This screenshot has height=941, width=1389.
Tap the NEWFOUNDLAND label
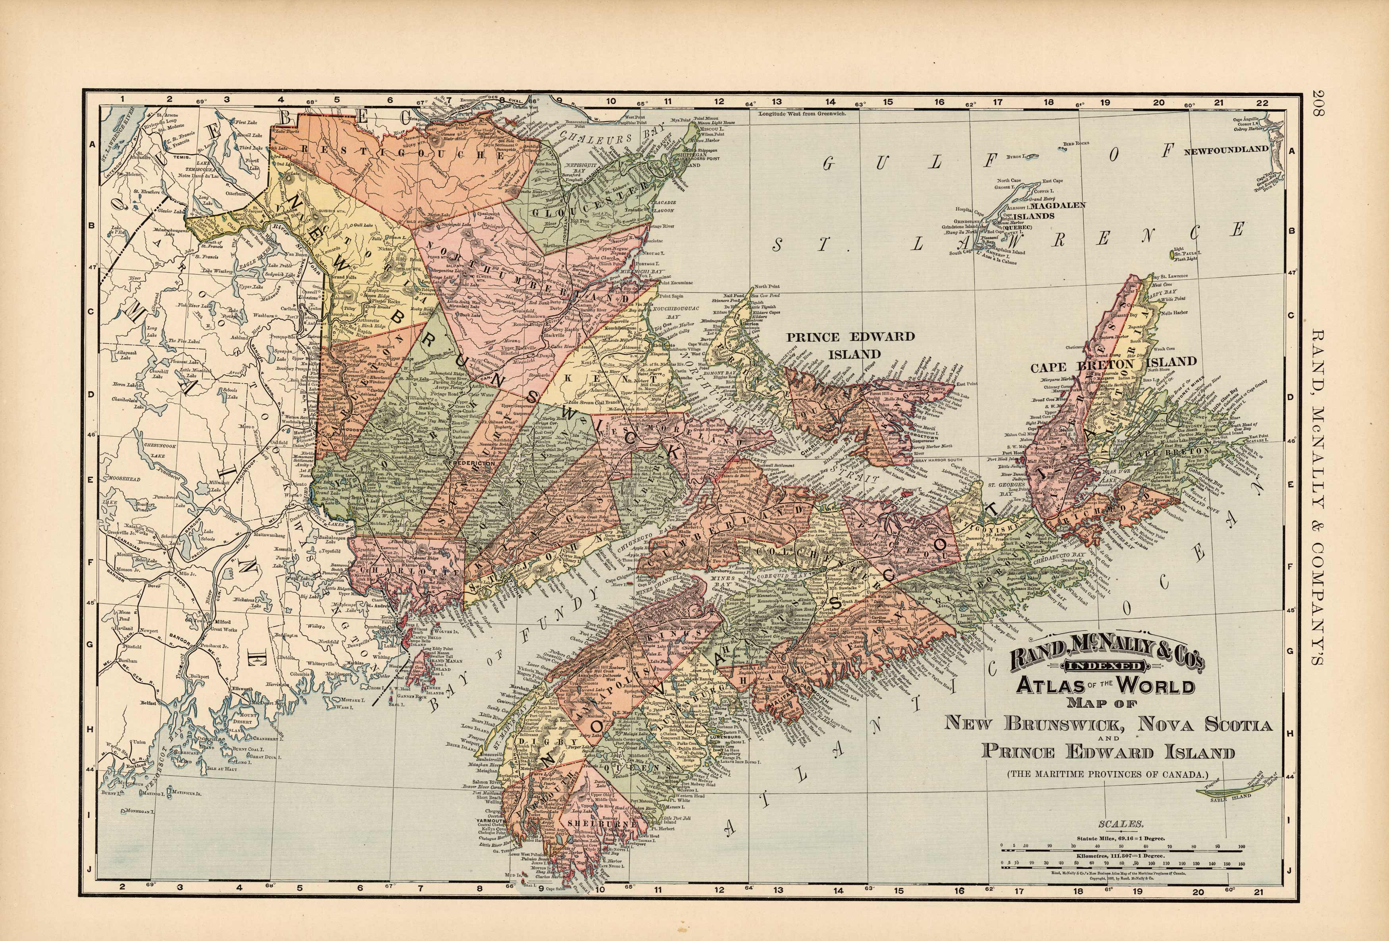click(1226, 150)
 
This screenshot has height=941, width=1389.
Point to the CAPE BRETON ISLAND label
click(1113, 364)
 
